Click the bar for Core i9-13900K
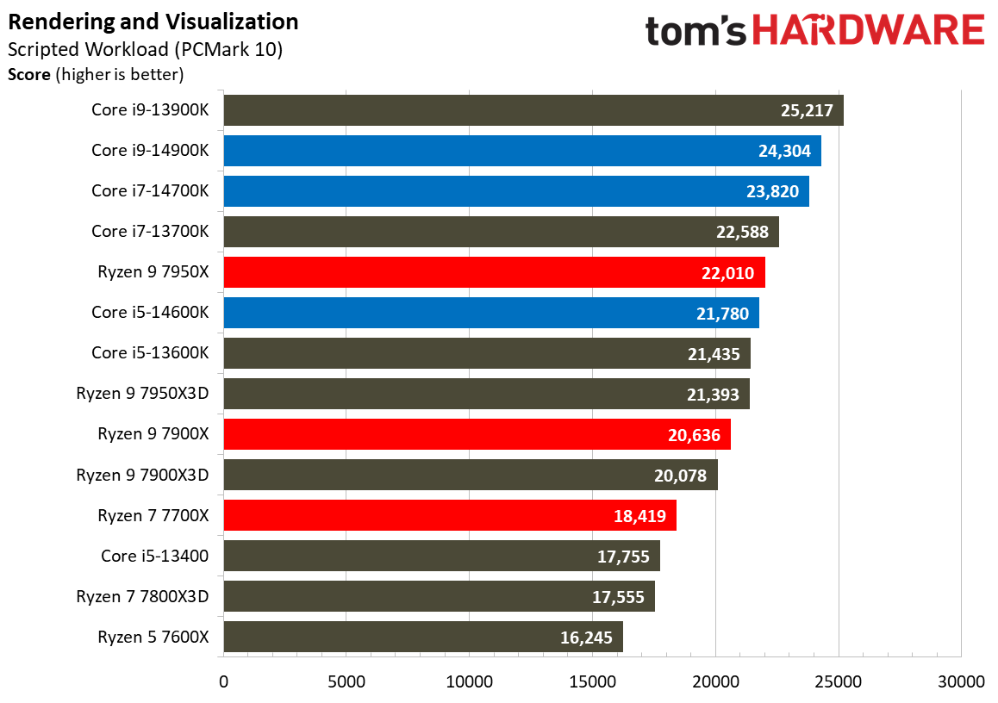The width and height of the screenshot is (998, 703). (533, 110)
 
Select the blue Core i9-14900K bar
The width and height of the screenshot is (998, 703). (521, 151)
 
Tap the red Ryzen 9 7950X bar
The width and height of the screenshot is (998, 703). (494, 273)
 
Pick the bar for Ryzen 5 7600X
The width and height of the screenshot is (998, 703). (422, 637)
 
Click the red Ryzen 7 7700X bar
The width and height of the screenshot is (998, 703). (449, 515)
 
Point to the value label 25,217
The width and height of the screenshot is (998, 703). (804, 111)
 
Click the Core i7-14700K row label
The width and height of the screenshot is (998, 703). (150, 191)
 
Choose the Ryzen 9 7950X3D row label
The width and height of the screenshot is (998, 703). (142, 394)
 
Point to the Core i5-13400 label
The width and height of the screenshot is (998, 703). (154, 556)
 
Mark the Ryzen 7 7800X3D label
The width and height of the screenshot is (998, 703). (142, 596)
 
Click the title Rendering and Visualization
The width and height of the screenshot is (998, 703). (153, 22)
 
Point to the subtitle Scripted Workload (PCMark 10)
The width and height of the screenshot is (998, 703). (145, 49)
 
